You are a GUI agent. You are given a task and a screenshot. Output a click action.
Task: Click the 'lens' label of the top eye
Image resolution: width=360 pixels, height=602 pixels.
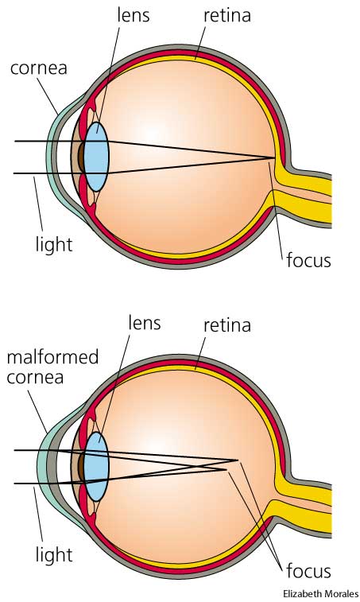click(x=134, y=15)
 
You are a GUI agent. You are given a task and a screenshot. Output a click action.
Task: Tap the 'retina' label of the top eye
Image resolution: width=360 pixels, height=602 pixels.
click(x=227, y=16)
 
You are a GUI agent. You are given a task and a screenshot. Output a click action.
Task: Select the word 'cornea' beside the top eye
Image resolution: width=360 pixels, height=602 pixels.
click(x=39, y=68)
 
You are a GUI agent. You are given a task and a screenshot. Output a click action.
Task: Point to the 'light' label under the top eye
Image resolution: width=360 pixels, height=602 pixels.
click(x=54, y=245)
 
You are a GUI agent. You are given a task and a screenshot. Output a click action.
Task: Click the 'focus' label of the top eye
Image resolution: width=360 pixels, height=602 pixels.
click(x=308, y=260)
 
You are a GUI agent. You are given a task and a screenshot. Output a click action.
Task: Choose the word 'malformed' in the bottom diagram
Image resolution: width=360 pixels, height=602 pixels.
click(x=52, y=357)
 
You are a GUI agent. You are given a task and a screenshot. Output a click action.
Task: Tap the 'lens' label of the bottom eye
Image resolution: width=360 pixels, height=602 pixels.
click(x=145, y=323)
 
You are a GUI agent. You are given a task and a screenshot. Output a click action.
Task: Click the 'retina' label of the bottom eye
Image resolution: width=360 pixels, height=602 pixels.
click(x=227, y=325)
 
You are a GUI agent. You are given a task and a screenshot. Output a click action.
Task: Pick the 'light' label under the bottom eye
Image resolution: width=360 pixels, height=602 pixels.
click(x=54, y=554)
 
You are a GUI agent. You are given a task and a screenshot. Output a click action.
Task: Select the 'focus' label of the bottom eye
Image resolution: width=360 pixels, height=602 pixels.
click(x=308, y=571)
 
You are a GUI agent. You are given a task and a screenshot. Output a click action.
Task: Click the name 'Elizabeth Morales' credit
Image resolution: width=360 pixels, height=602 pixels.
click(x=321, y=593)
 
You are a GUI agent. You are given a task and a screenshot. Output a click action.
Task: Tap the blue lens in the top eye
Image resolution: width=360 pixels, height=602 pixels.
click(x=96, y=157)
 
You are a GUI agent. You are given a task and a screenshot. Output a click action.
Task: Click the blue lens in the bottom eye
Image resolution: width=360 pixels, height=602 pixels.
click(x=96, y=467)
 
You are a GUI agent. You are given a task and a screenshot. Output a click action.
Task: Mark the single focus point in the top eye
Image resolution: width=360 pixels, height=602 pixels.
click(x=274, y=157)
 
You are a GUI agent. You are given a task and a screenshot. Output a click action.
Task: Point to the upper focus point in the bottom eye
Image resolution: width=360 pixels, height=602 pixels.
click(x=237, y=460)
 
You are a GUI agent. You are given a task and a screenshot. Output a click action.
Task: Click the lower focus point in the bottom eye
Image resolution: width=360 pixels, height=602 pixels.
click(x=226, y=469)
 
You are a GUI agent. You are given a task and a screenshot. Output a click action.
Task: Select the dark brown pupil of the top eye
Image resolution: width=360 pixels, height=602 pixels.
click(x=81, y=157)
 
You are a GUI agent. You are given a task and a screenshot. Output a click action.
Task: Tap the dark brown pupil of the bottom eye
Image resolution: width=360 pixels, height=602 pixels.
click(x=81, y=467)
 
